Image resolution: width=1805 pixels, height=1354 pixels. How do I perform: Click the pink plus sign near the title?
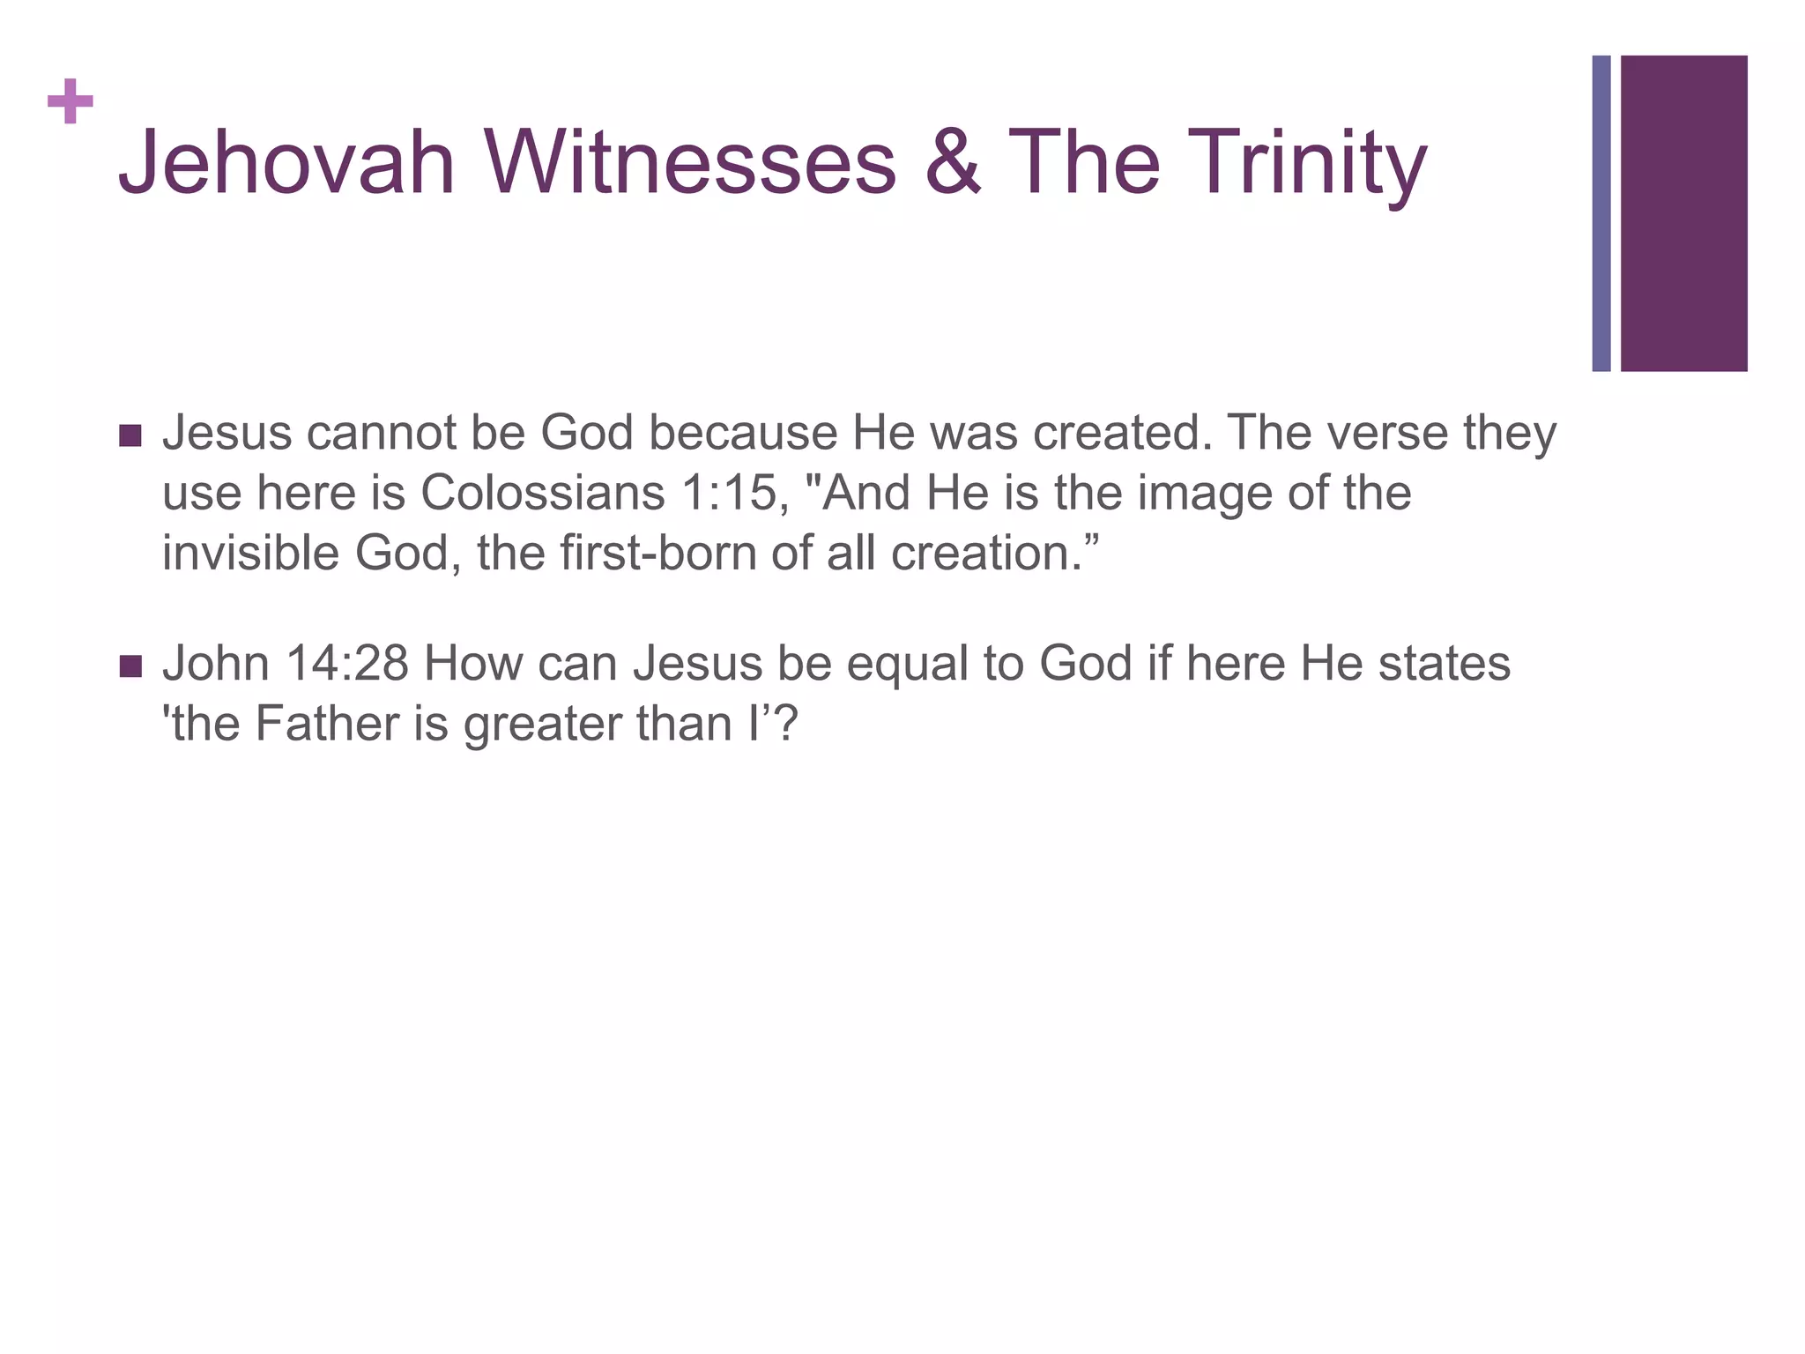pos(71,102)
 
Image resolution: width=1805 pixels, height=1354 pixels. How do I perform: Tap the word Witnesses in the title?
pos(689,163)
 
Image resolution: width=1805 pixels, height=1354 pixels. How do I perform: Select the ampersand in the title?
pos(952,163)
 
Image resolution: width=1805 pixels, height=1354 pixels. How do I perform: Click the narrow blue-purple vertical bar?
pos(1601,213)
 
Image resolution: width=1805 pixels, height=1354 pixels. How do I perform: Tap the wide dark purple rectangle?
pos(1683,213)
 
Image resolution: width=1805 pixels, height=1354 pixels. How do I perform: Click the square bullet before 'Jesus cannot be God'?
pos(130,435)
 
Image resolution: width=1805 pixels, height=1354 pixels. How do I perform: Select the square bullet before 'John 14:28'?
pos(130,666)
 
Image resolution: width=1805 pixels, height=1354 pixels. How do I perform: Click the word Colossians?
pos(542,493)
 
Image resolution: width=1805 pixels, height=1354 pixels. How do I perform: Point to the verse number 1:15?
pos(734,493)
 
